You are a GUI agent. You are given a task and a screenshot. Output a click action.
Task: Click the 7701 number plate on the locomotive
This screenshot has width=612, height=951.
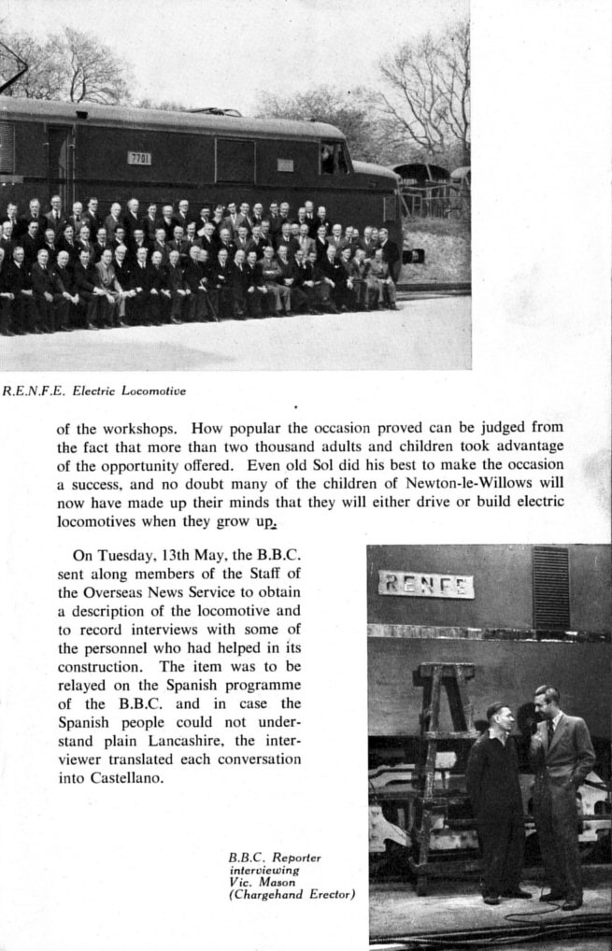tap(139, 158)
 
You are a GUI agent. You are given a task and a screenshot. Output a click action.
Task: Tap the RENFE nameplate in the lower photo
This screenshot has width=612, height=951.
tap(426, 585)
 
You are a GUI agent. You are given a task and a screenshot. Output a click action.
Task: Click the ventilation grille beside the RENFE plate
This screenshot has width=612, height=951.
tap(550, 588)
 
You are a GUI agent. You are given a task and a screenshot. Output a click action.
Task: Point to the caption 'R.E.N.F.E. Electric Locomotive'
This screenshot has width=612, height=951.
tap(94, 391)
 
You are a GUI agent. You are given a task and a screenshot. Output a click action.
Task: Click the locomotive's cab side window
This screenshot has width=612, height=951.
tap(332, 158)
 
